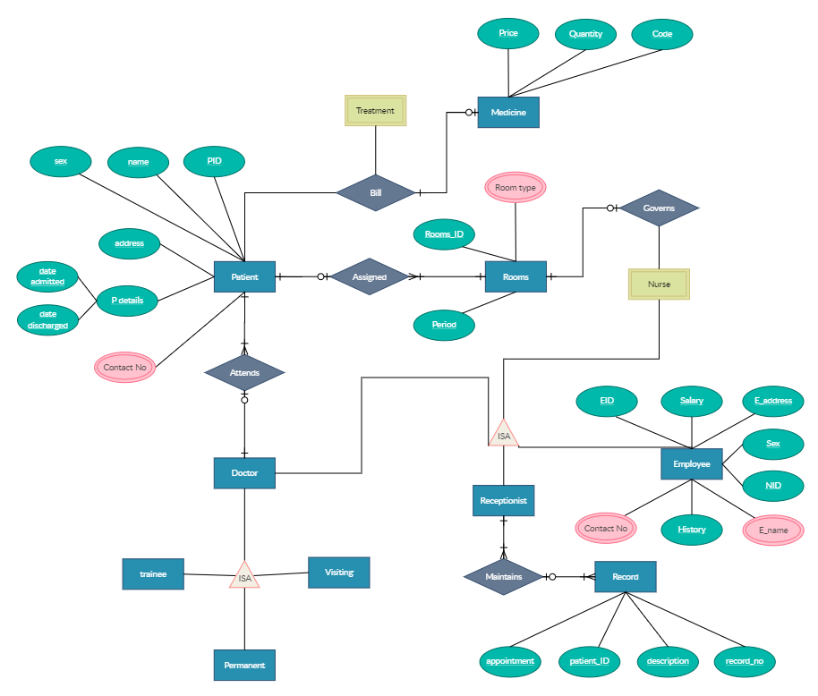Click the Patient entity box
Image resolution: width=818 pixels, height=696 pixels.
[x=244, y=276]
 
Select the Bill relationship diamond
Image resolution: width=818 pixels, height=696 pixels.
[x=375, y=191]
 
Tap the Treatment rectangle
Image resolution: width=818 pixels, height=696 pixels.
[x=375, y=111]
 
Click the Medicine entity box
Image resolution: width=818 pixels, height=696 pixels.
[x=508, y=112]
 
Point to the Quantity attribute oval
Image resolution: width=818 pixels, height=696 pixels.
[x=585, y=34]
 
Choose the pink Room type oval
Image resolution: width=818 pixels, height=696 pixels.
[x=516, y=188]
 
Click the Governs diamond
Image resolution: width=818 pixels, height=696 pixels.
[x=659, y=208]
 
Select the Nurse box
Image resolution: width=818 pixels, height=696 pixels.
[x=659, y=284]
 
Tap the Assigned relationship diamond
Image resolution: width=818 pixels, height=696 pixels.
[x=370, y=277]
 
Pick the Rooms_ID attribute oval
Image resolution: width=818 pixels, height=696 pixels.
[x=444, y=234]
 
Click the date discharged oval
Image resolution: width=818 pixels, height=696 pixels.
[x=47, y=319]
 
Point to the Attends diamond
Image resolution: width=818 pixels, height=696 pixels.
[x=244, y=372]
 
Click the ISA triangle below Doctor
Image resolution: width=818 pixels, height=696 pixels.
[x=244, y=576]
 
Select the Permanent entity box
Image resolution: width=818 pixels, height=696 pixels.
[x=244, y=666]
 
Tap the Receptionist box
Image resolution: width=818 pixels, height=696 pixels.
[x=503, y=501]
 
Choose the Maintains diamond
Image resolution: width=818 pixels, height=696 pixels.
[x=503, y=577]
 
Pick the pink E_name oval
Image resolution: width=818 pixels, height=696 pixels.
[x=773, y=530]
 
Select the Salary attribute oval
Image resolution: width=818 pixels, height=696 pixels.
[x=691, y=401]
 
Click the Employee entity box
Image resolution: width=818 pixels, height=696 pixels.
[x=692, y=464]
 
